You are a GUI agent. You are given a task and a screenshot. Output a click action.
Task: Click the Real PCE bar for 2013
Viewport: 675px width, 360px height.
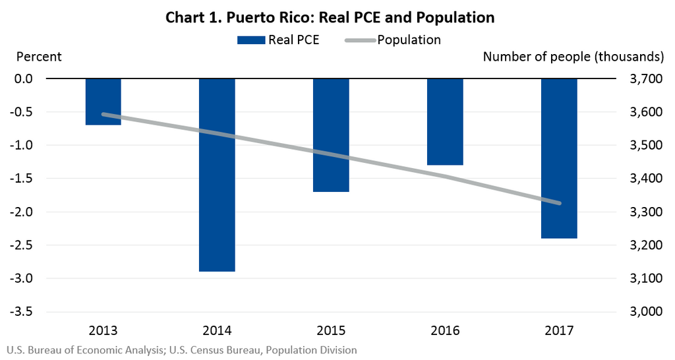pos(103,101)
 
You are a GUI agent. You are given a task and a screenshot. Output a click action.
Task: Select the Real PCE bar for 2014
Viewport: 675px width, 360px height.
pos(217,175)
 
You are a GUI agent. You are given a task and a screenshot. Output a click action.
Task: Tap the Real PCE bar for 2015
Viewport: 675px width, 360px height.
pos(331,135)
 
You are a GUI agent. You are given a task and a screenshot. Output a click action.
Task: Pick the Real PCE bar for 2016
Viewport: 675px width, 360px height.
pos(445,121)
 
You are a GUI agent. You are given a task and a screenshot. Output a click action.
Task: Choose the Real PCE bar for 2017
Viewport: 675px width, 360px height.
pos(559,158)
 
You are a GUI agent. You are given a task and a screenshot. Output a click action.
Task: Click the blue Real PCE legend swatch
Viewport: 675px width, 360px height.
pos(250,40)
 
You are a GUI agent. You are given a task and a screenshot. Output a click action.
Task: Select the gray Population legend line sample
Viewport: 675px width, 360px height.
pos(360,40)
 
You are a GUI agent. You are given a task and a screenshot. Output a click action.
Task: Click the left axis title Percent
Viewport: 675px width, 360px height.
pos(39,57)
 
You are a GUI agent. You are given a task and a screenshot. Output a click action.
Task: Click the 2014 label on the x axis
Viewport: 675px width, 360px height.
pos(217,330)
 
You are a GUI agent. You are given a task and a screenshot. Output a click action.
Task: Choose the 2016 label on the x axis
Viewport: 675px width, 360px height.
pos(445,330)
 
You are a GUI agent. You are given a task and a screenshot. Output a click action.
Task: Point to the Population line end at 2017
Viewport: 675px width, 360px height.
pos(559,203)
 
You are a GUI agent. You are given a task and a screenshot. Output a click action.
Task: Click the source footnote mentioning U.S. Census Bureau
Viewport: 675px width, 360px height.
pos(181,350)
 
